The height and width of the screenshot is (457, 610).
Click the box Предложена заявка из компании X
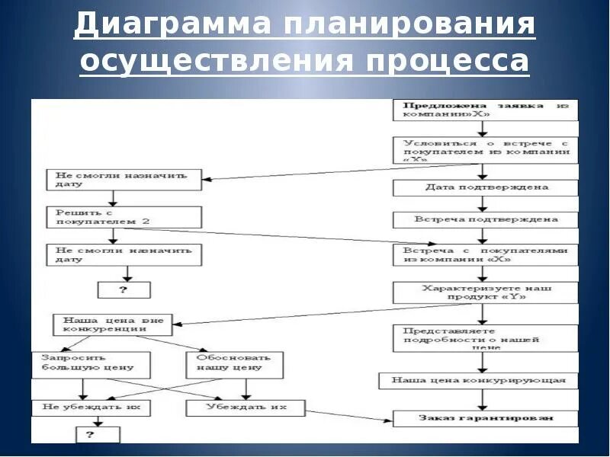coord(486,110)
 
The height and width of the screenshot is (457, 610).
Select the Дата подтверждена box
coord(486,187)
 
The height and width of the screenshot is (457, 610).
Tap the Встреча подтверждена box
coord(486,219)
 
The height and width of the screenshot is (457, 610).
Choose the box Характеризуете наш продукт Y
coord(486,292)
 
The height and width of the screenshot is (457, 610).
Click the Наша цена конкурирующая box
coord(478,379)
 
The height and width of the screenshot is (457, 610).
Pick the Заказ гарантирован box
coord(486,418)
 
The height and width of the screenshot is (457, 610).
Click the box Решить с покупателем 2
coord(124,216)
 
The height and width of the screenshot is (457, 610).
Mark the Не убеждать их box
coord(91,408)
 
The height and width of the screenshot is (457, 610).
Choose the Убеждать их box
coord(246,407)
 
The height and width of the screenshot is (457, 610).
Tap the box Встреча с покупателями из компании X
coord(486,254)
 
